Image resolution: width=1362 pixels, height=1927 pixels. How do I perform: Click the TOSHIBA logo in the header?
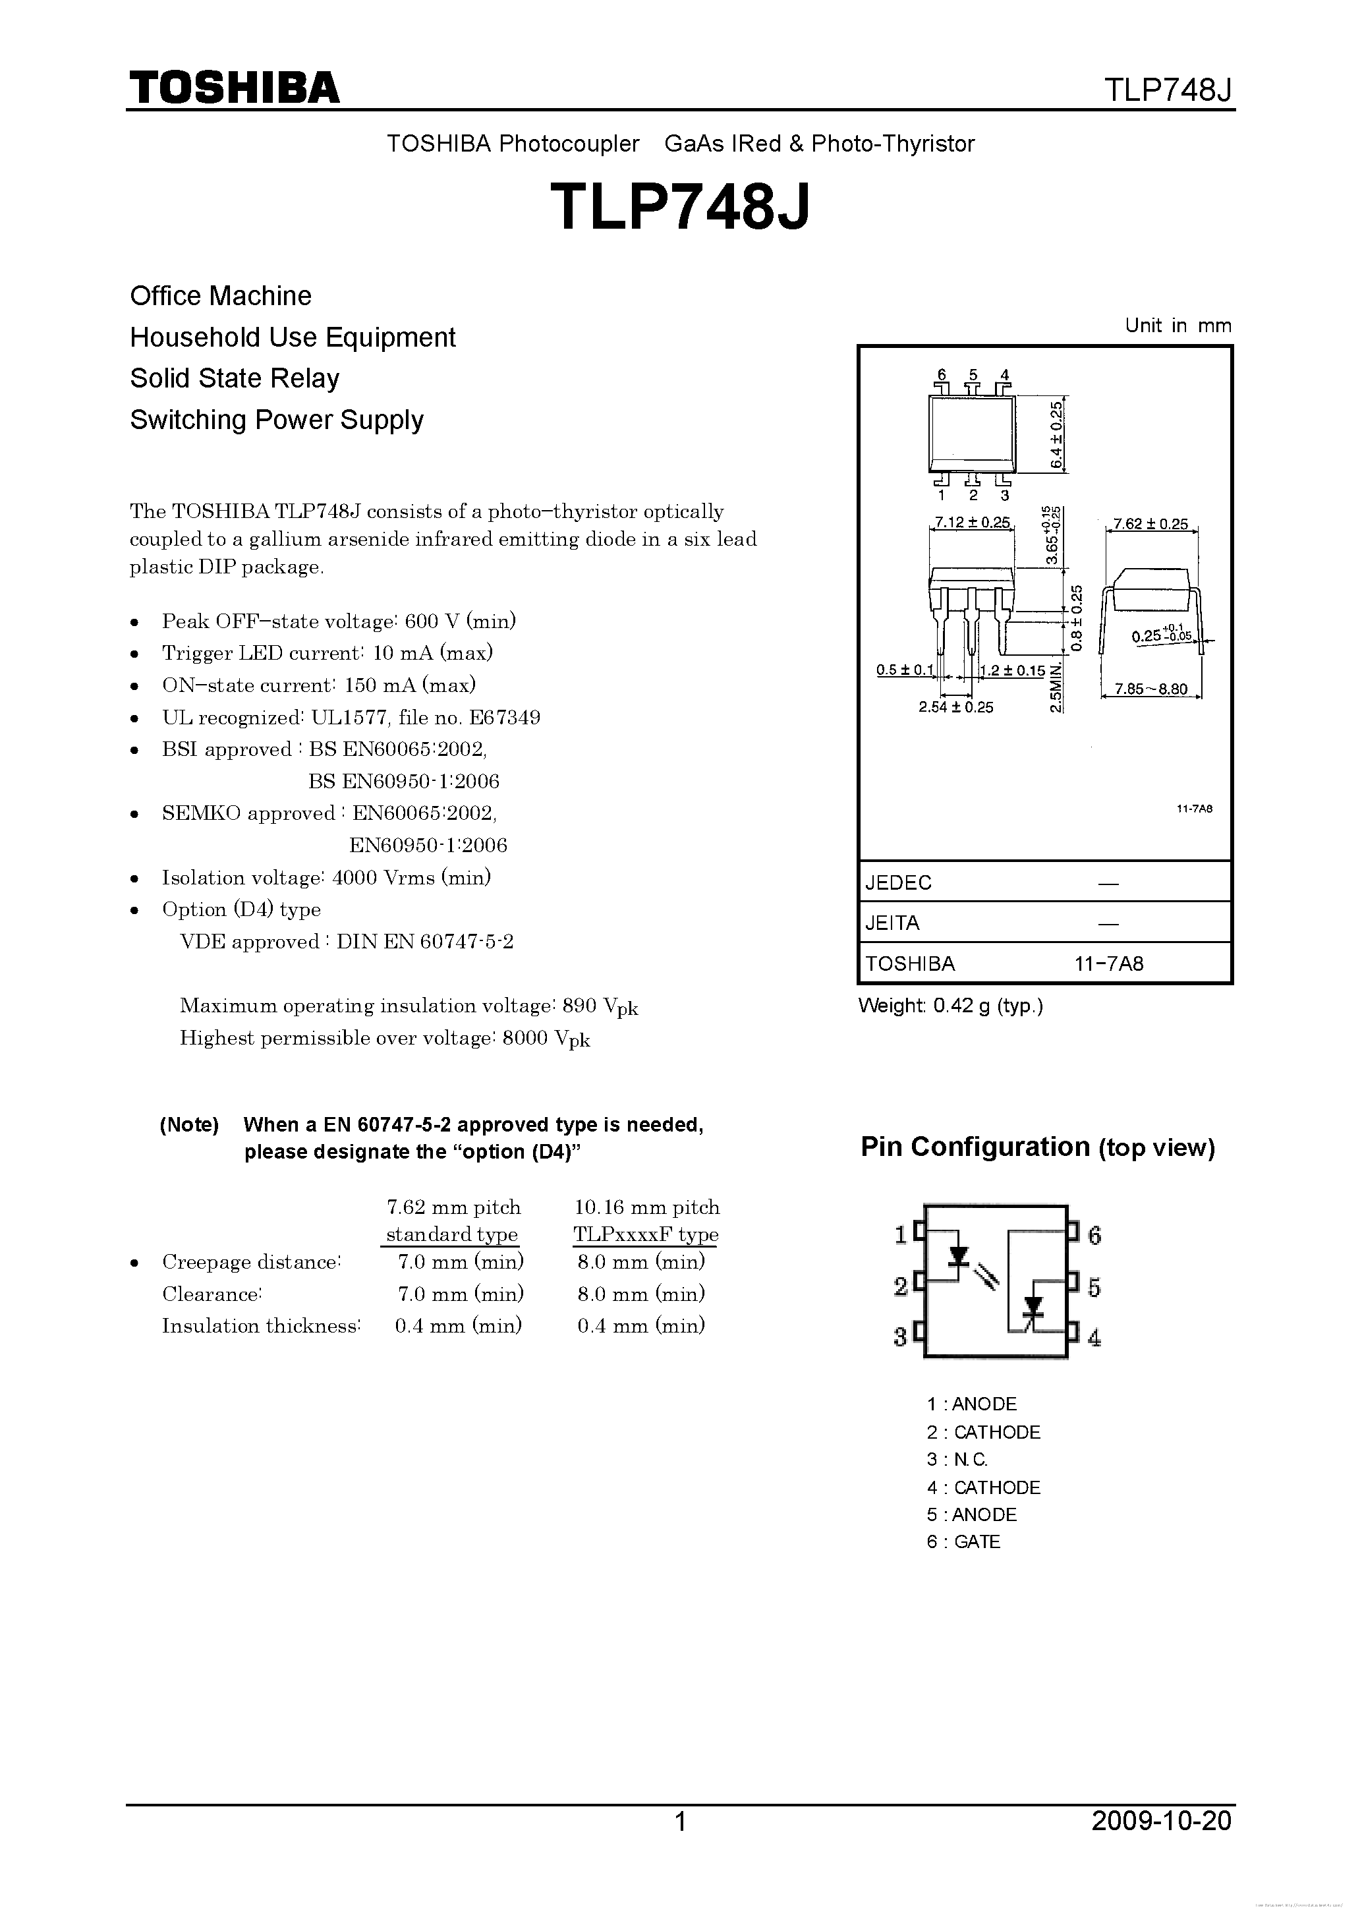tap(234, 87)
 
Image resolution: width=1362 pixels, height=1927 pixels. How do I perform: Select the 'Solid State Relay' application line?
tap(234, 378)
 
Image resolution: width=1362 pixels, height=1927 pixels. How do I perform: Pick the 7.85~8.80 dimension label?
tap(1150, 689)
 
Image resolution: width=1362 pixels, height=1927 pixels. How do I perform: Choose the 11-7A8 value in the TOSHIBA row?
tap(1108, 963)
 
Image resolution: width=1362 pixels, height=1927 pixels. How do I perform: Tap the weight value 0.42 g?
tap(962, 1006)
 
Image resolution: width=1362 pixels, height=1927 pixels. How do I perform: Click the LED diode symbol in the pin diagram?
tap(957, 1255)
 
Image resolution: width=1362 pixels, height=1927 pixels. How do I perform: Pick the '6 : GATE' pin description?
tap(963, 1541)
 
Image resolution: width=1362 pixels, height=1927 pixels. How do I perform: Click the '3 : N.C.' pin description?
tap(957, 1460)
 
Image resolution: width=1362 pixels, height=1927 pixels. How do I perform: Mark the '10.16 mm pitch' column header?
tap(646, 1208)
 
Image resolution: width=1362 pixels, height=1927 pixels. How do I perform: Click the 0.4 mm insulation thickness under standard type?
tap(458, 1326)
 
